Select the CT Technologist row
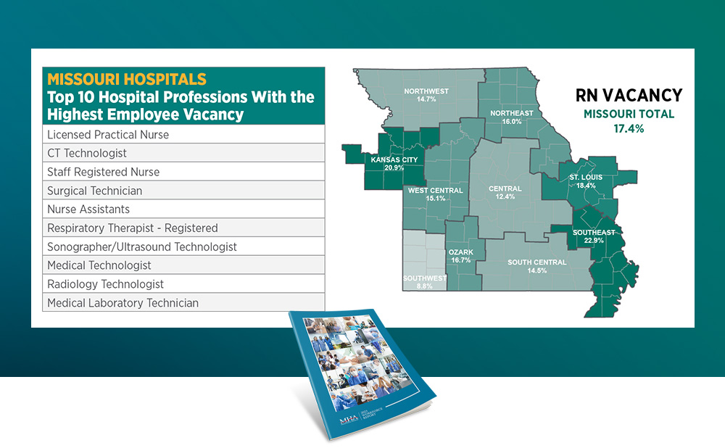click(87, 153)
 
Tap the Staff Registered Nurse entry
click(103, 172)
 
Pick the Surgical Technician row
click(94, 191)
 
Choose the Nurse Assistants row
click(88, 210)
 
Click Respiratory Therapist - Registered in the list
click(132, 228)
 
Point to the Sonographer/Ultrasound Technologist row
click(141, 247)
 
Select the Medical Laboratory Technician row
click(123, 303)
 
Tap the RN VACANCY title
click(629, 95)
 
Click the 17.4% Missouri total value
click(629, 128)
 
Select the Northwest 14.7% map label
click(426, 95)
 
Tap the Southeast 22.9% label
click(594, 236)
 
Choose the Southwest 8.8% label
click(426, 282)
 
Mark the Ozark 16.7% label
click(460, 255)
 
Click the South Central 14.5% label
click(537, 266)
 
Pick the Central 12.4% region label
click(505, 192)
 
